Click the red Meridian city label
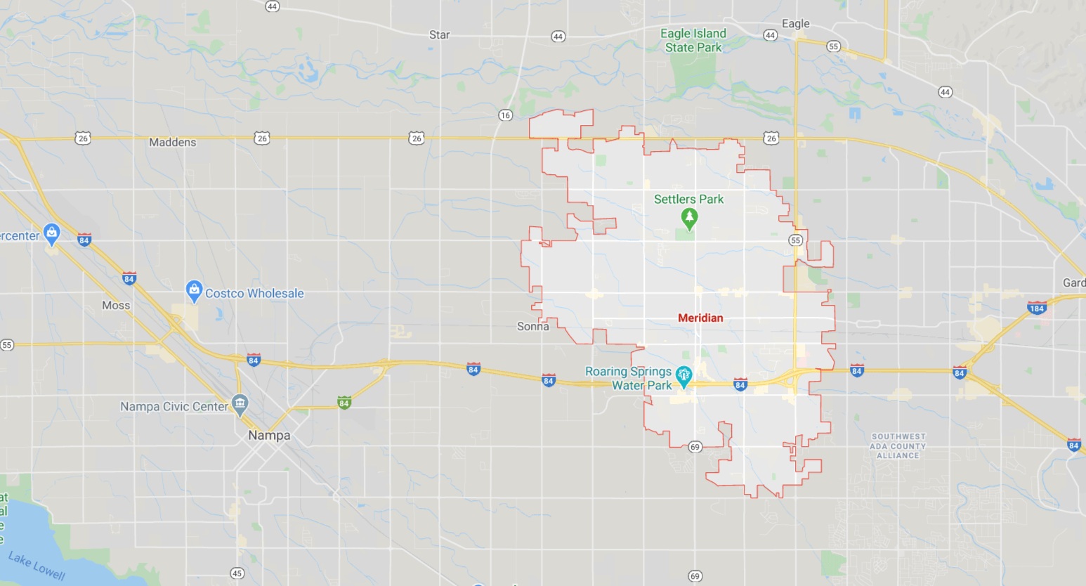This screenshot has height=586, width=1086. point(700,318)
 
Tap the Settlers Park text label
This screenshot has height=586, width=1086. point(688,200)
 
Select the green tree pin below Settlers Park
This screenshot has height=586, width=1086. point(689,219)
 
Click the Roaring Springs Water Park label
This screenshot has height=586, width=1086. point(629,378)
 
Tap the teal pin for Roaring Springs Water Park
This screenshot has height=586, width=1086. point(683,377)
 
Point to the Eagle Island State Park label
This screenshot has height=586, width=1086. point(693,41)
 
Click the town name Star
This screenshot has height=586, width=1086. point(439,35)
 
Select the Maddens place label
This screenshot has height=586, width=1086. point(172,143)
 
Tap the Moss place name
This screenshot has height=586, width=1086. point(116,306)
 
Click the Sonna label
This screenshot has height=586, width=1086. point(532,327)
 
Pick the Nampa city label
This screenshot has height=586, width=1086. point(269,436)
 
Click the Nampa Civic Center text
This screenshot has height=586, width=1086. point(174,407)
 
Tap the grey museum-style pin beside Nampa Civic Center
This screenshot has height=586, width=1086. point(240,405)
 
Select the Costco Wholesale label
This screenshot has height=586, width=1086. point(254,294)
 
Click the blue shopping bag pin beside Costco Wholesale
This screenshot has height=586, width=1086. point(194,290)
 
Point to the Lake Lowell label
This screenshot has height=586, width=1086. point(37,566)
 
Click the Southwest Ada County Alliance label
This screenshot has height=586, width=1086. point(898,446)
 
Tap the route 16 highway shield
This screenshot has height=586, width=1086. point(506,115)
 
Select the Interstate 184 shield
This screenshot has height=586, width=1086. point(1036,308)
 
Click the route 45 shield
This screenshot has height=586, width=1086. point(237,573)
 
